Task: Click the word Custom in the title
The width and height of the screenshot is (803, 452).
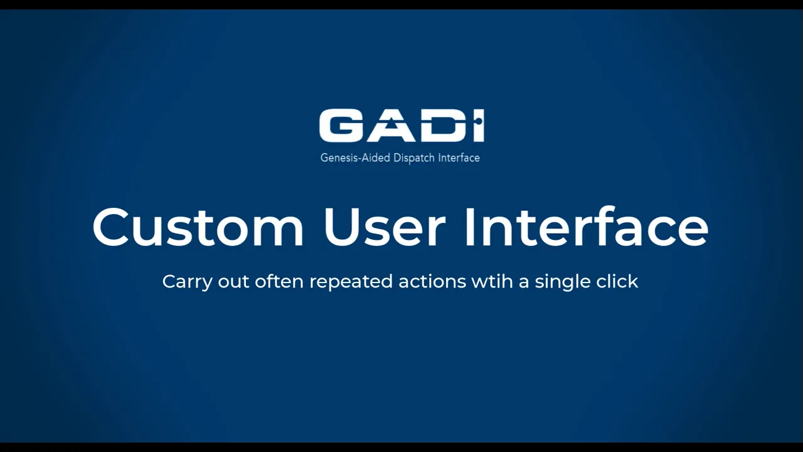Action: click(x=198, y=227)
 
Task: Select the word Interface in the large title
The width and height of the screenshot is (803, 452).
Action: click(x=587, y=227)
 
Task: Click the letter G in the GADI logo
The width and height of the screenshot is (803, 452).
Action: click(x=340, y=126)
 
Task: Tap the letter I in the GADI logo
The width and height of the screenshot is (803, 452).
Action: click(x=479, y=126)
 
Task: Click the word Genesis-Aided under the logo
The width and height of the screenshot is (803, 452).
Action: click(x=355, y=158)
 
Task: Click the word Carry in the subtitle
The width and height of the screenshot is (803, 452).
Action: click(x=188, y=282)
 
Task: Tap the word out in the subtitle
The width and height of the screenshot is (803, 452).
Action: click(x=233, y=282)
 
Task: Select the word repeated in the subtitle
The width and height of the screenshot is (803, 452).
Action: click(x=351, y=282)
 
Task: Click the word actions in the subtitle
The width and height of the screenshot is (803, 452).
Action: click(x=432, y=281)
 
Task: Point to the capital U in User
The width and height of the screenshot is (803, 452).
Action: click(x=342, y=227)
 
